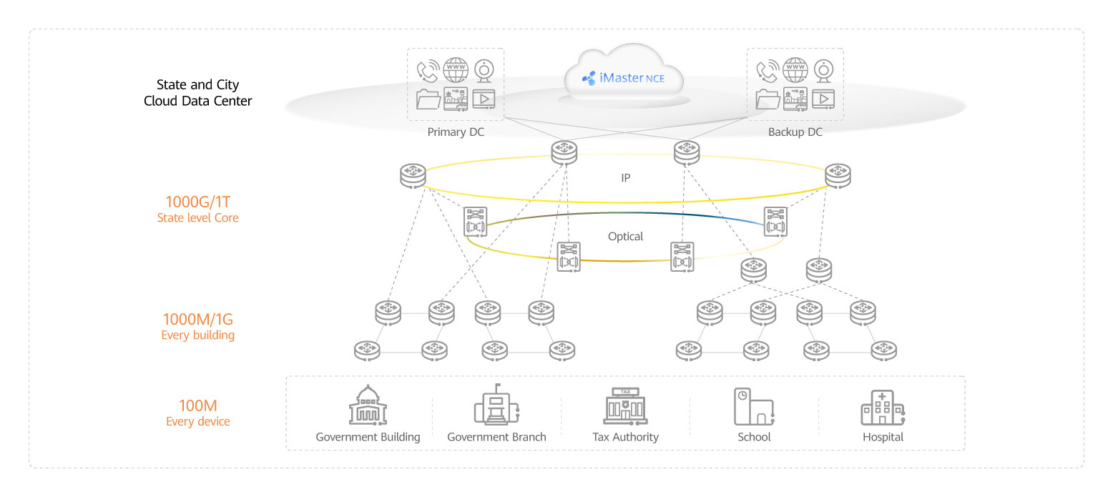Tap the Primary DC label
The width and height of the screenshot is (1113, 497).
tap(456, 132)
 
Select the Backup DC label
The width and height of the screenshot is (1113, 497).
tap(795, 132)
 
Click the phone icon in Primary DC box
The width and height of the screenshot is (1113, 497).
tap(428, 72)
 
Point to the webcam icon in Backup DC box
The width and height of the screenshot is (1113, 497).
tap(825, 72)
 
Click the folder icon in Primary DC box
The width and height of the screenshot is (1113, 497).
tap(428, 99)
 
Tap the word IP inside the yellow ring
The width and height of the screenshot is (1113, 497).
tap(625, 177)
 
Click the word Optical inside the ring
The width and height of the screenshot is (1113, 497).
tap(625, 237)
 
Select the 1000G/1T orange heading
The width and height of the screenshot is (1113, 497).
tap(198, 202)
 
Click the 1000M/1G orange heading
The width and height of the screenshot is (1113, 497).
tap(198, 319)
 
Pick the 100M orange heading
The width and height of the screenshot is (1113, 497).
tap(198, 405)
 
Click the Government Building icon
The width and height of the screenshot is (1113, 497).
tap(367, 407)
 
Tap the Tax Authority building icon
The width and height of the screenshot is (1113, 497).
tap(624, 407)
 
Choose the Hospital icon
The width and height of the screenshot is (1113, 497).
tap(882, 408)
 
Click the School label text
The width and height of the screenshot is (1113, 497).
tap(754, 437)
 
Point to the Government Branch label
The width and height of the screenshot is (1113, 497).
tap(496, 437)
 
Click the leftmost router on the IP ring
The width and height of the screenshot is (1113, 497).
tap(413, 175)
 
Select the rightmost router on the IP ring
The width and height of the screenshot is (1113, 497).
tap(838, 175)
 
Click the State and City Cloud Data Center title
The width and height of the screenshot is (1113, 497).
tap(198, 93)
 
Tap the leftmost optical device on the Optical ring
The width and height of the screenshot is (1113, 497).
tap(475, 222)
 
